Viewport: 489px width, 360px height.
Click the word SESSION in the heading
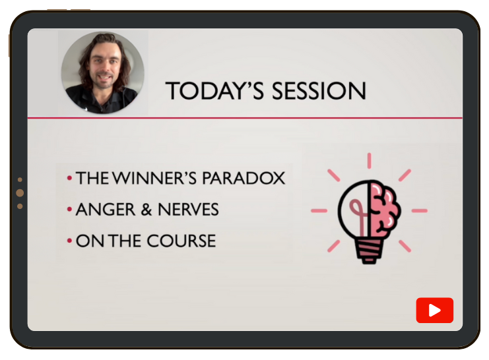point(319,91)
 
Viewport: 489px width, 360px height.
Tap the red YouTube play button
point(434,310)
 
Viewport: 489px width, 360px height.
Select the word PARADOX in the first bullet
point(244,178)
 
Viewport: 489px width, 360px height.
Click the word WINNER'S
point(154,178)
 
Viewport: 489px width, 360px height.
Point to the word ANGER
point(106,210)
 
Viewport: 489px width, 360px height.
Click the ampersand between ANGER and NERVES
point(147,210)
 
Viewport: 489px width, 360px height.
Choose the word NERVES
point(188,210)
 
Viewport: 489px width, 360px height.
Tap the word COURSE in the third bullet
point(181,241)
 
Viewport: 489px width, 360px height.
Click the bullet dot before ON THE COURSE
point(69,241)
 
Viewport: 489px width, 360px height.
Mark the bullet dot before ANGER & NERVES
point(69,209)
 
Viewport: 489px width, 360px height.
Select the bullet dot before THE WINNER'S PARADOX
point(69,178)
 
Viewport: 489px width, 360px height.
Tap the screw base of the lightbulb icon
point(370,251)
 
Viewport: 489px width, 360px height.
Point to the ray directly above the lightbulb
point(370,161)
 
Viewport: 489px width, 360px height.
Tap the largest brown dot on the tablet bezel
point(20,193)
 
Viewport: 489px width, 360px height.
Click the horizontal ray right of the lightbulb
point(420,211)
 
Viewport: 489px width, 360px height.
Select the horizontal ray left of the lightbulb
point(319,211)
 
